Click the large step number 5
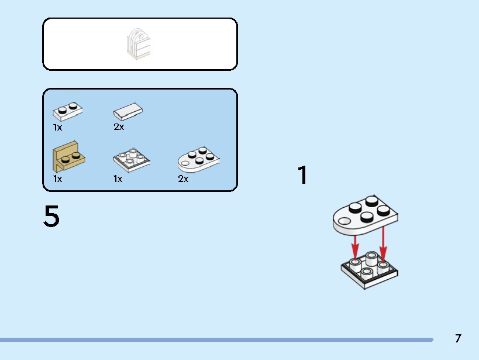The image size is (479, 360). click(51, 216)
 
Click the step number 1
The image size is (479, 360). click(302, 175)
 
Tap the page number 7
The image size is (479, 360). click(458, 338)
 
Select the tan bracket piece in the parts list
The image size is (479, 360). click(69, 157)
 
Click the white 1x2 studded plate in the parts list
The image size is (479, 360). click(67, 111)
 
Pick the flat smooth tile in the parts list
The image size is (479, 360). click(127, 111)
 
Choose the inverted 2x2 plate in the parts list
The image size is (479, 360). click(132, 160)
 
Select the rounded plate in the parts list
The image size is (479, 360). click(199, 160)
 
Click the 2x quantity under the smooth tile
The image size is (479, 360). click(119, 127)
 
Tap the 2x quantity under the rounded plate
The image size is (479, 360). click(183, 179)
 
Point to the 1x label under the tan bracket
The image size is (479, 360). click(57, 179)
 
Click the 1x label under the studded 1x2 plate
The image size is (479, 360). click(57, 128)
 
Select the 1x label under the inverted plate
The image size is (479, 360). click(118, 179)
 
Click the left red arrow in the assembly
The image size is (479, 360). click(354, 247)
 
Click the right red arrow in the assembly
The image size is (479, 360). click(383, 244)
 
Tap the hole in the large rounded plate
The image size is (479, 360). click(345, 221)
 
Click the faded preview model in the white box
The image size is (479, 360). click(139, 44)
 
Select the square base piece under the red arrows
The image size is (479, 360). click(370, 270)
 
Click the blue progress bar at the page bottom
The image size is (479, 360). click(216, 340)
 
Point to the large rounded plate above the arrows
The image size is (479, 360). click(366, 215)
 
